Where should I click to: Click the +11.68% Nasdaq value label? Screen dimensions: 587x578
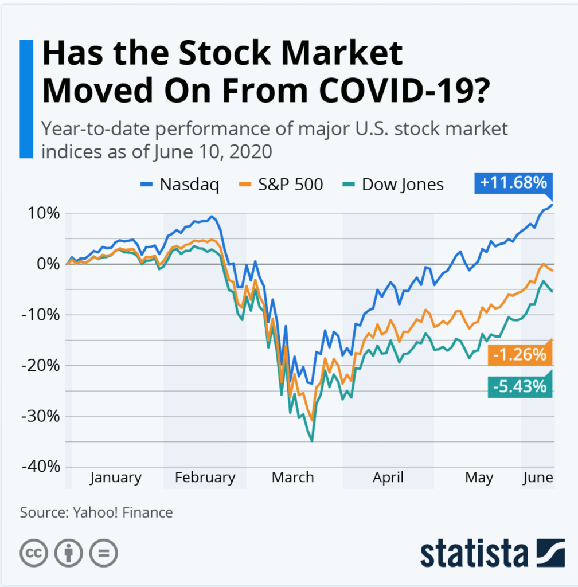(513, 184)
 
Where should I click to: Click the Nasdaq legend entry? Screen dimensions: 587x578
(179, 185)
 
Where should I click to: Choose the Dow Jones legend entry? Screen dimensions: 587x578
(394, 185)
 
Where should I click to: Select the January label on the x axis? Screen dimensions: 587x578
(115, 478)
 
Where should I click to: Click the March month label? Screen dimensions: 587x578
(293, 478)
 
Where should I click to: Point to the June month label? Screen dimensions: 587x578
(537, 478)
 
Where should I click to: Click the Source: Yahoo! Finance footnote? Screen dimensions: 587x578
(96, 512)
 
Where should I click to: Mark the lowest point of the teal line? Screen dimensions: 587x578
(312, 441)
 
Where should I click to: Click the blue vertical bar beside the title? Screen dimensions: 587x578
(26, 99)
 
